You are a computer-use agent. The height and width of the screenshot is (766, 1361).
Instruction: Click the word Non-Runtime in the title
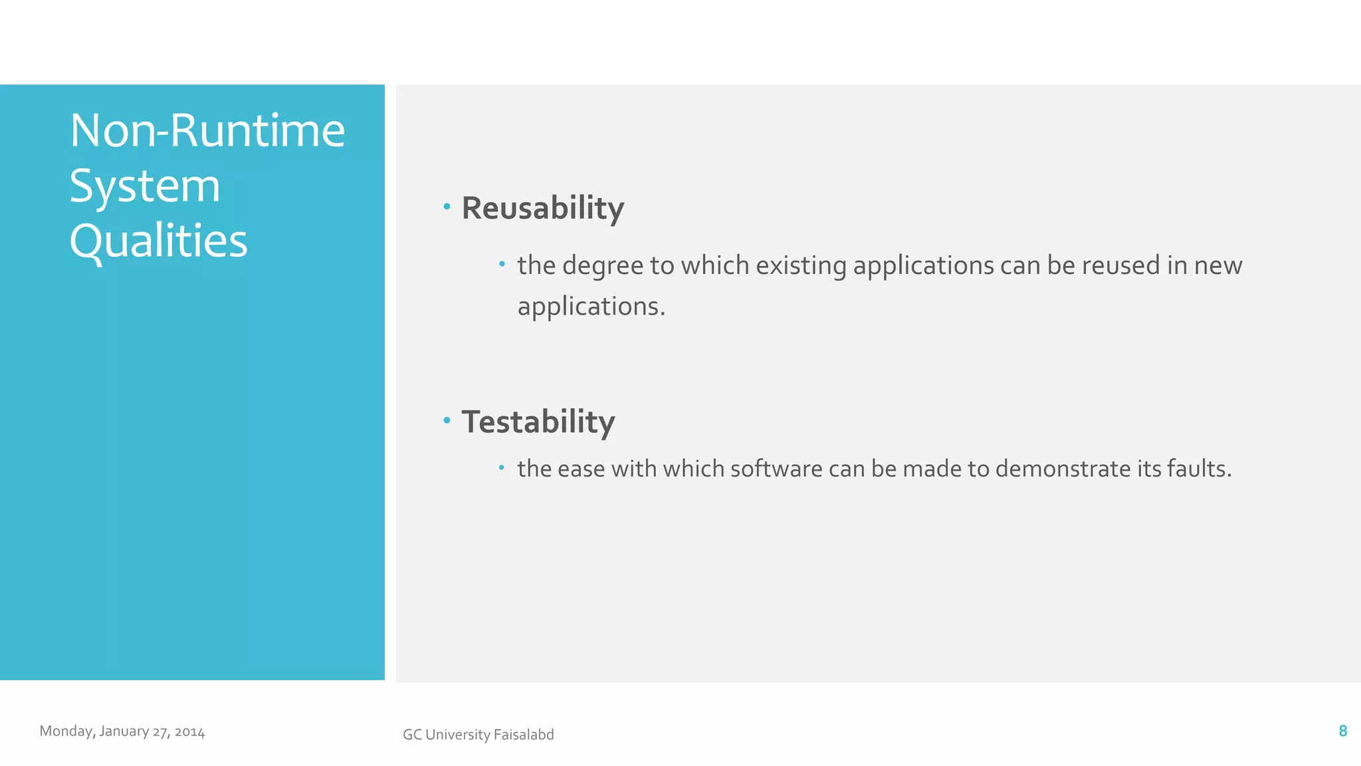[x=207, y=130]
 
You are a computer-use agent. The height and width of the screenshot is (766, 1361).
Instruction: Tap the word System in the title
[x=145, y=186]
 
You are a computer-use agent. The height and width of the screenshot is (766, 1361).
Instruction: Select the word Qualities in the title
[x=158, y=241]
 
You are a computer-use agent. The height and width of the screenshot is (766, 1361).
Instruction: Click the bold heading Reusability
[x=543, y=208]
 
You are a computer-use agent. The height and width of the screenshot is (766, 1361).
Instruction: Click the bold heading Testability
[x=538, y=422]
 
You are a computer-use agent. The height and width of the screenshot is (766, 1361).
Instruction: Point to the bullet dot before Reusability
[x=447, y=207]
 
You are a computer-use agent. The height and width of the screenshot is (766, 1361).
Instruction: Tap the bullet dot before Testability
[x=447, y=420]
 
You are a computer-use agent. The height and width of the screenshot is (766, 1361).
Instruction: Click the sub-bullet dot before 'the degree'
[x=502, y=265]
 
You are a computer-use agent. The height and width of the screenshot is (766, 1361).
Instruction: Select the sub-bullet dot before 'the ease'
[x=502, y=468]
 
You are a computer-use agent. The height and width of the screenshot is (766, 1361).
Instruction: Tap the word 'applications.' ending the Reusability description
[x=591, y=307]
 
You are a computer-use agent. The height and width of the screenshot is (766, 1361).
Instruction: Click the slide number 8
[x=1342, y=731]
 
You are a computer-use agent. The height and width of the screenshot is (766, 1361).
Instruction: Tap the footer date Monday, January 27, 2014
[x=122, y=731]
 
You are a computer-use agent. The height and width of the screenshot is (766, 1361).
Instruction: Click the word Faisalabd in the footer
[x=524, y=735]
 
